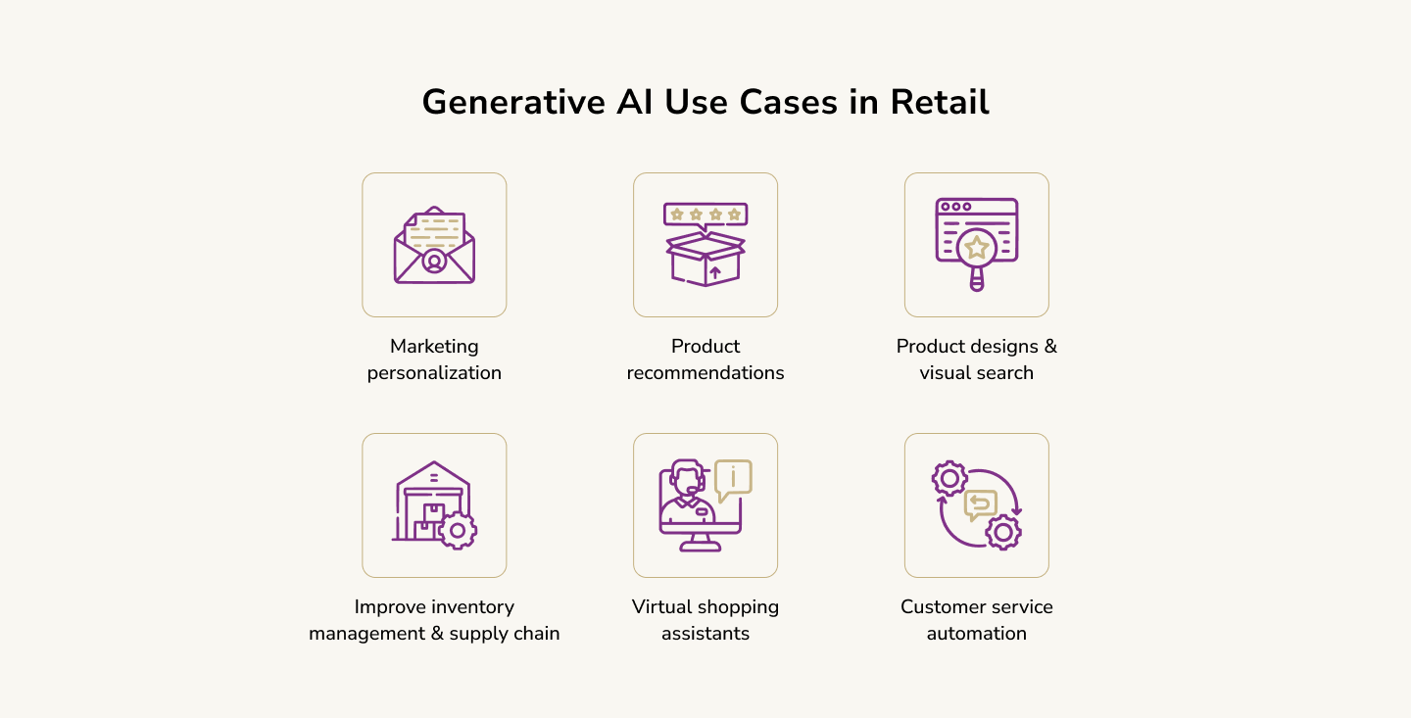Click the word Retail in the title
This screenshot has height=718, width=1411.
[x=939, y=102]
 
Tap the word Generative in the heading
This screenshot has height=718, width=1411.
[x=513, y=102]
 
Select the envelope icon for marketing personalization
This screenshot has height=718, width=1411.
[x=434, y=245]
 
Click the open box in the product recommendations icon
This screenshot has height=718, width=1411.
[x=705, y=259]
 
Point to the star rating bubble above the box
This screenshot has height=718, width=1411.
[x=705, y=215]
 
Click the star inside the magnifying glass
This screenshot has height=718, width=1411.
[x=976, y=248]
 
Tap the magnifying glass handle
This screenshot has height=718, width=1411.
[x=976, y=278]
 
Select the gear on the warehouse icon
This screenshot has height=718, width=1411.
[x=458, y=530]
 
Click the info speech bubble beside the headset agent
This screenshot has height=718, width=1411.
[x=733, y=480]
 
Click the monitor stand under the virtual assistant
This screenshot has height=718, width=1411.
[x=700, y=543]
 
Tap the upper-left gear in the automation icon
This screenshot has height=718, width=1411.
[x=949, y=479]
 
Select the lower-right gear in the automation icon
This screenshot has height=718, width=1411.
[x=1002, y=532]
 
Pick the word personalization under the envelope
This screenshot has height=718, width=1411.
[x=434, y=373]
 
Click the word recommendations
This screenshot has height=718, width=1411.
[x=705, y=373]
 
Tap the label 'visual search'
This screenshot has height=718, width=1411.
[x=976, y=373]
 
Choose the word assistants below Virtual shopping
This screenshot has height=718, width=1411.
[x=705, y=634]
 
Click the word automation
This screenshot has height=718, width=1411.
[x=976, y=634]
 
